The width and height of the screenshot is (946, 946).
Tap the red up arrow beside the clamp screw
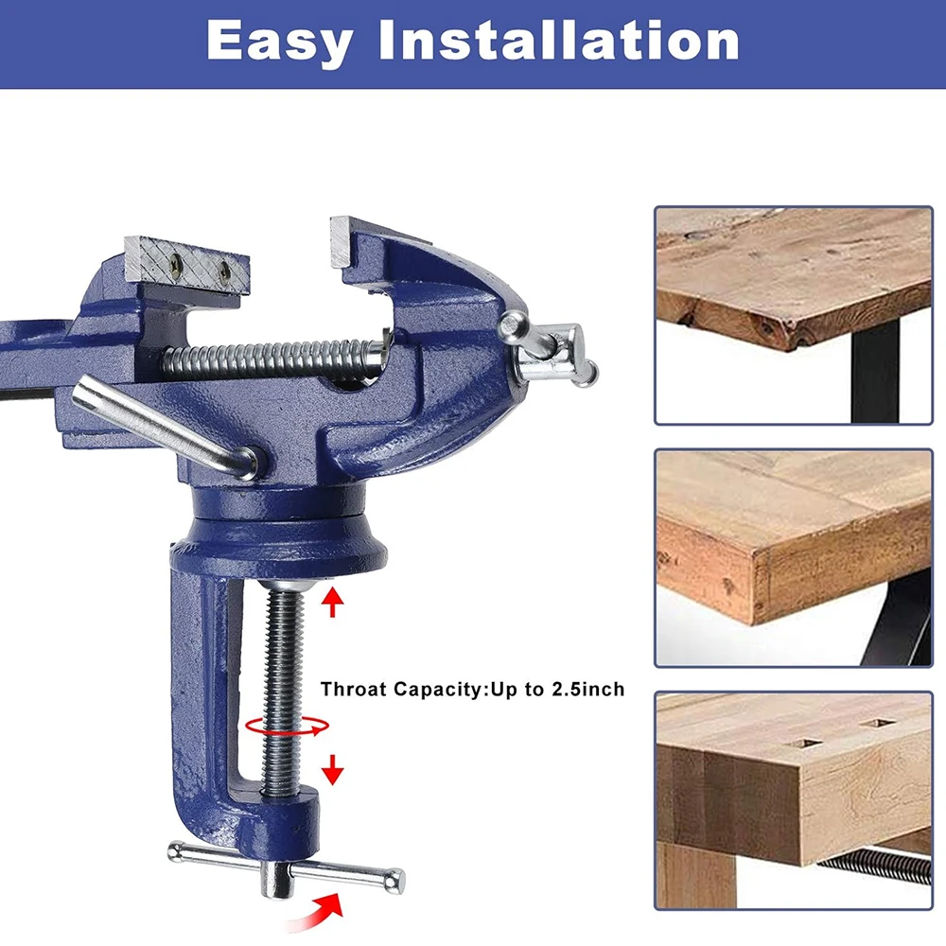[x=332, y=603]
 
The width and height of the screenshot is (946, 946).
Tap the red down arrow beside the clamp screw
[x=332, y=770]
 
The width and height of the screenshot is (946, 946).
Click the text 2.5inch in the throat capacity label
[x=588, y=689]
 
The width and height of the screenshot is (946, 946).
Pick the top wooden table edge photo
[x=794, y=316]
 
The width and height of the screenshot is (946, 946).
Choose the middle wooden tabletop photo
[x=794, y=558]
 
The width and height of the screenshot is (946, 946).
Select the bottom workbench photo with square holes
[x=794, y=800]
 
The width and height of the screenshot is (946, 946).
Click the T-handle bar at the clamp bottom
[x=286, y=867]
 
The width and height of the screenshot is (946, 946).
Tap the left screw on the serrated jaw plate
[x=176, y=261]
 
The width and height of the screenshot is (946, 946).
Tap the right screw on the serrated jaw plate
[x=224, y=271]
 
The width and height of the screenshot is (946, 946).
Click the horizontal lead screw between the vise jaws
[x=272, y=359]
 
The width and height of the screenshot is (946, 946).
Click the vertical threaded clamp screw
[x=282, y=688]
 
